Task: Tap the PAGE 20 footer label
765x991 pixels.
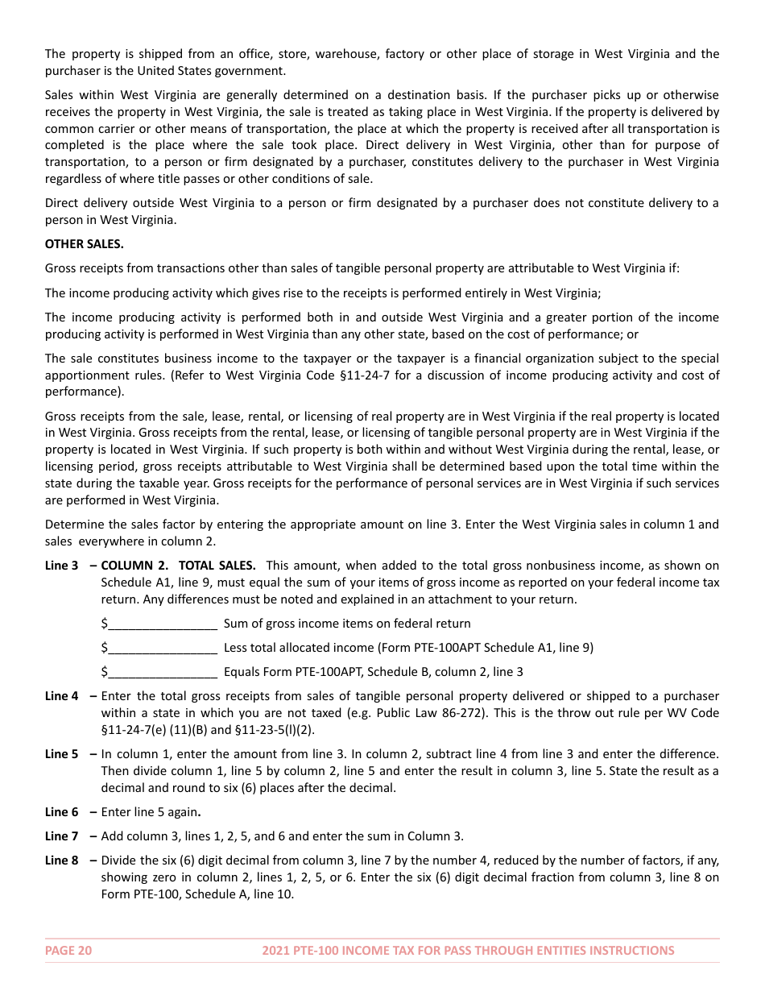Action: tap(68, 951)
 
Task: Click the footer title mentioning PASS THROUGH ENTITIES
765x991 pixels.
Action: tap(468, 951)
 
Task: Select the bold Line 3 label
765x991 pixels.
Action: tap(62, 566)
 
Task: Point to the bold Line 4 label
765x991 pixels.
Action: tap(62, 696)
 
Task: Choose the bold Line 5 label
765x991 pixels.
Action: tap(62, 754)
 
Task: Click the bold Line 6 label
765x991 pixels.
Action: tap(62, 812)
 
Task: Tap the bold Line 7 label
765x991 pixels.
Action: tap(62, 836)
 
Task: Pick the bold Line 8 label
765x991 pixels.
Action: tap(62, 860)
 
